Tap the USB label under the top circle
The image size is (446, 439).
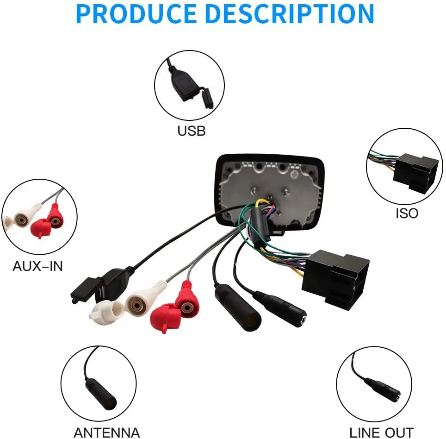(x=192, y=131)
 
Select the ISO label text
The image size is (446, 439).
(x=407, y=213)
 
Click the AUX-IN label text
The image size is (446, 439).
(x=37, y=266)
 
